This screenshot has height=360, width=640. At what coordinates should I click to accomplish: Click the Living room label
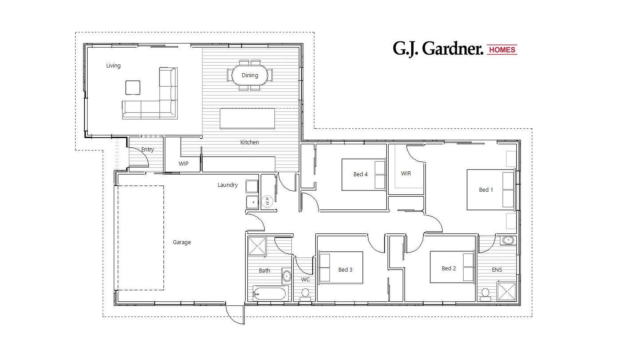(x=113, y=66)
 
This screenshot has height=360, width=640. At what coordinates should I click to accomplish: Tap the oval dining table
(x=250, y=75)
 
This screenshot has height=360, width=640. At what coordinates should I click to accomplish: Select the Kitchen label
(x=249, y=142)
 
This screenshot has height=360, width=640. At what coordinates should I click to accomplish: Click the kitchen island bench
(x=247, y=118)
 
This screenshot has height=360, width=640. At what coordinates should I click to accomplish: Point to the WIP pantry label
(x=183, y=164)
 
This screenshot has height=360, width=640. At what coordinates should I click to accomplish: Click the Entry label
(x=147, y=149)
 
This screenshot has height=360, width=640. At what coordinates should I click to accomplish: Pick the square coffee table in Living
(x=133, y=88)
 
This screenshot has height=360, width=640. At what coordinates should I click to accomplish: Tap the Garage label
(x=182, y=242)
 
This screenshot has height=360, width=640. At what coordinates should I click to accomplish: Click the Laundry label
(x=228, y=185)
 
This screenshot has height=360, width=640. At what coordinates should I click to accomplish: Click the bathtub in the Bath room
(x=269, y=294)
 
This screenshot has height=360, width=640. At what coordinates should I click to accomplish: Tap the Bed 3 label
(x=345, y=270)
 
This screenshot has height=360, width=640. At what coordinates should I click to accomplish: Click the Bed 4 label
(x=360, y=174)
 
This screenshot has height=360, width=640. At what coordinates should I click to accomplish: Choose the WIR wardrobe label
(x=406, y=173)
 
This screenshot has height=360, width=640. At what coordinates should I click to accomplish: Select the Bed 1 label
(x=486, y=190)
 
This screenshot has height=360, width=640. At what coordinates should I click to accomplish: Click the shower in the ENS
(x=506, y=291)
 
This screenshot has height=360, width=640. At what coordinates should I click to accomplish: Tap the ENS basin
(x=508, y=240)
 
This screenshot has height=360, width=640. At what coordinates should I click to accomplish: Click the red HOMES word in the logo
(x=502, y=50)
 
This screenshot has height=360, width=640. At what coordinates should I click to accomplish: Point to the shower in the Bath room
(x=257, y=246)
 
